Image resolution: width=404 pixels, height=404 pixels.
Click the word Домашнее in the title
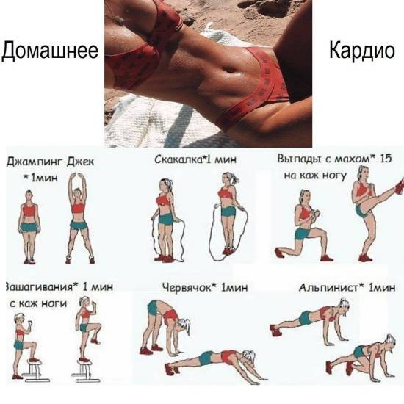50,51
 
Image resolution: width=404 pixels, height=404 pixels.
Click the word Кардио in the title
362,51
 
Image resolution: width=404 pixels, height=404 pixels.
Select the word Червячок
187,287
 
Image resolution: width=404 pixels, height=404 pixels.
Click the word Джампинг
35,162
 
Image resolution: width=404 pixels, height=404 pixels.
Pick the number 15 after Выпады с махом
386,159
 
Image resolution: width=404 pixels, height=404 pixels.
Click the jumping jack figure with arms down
29,227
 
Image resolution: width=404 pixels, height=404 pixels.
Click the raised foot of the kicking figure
400,186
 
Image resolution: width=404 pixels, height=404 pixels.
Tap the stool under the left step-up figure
35,371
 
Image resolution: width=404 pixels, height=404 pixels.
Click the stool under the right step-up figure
85,371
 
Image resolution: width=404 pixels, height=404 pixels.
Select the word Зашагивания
39,287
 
